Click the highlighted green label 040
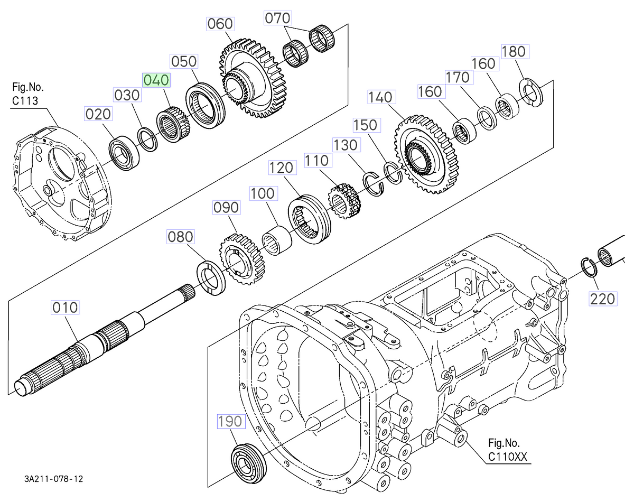click(x=156, y=80)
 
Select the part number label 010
click(x=64, y=307)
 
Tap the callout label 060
click(x=220, y=24)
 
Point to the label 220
click(x=603, y=299)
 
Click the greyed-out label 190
click(x=230, y=421)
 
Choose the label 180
click(x=514, y=51)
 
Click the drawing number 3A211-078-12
click(x=53, y=479)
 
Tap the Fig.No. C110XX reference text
click(x=507, y=450)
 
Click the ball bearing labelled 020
click(x=124, y=153)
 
